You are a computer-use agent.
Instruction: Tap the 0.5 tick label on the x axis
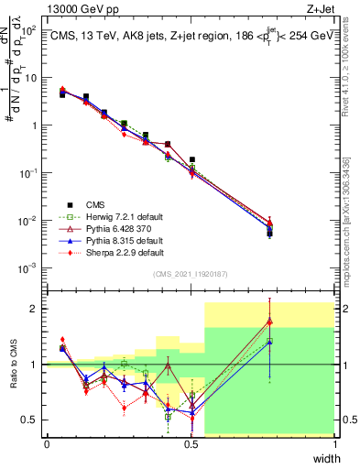click(191, 444)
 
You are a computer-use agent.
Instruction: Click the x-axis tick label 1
click(334, 444)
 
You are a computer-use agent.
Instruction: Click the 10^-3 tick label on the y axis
click(30, 268)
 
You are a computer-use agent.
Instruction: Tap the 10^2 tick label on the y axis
click(30, 30)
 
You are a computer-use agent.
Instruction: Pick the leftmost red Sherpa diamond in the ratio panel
click(62, 340)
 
